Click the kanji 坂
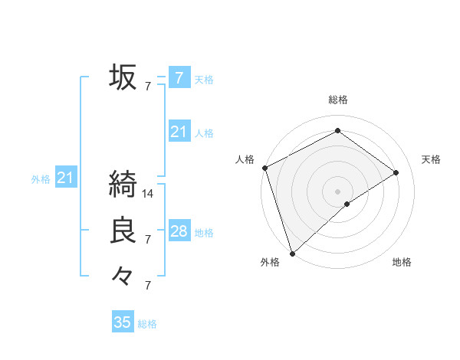[123, 77]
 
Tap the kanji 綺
[123, 185]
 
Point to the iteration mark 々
[122, 276]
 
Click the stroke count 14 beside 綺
[148, 194]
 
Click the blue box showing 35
[123, 322]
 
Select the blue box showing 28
[179, 231]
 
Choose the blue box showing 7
[179, 77]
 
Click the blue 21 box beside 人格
[179, 132]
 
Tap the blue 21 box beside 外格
[65, 178]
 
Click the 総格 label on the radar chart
[337, 100]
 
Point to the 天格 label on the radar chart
[431, 159]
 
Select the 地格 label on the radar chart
[402, 263]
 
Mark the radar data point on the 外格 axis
[292, 254]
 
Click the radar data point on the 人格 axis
[264, 168]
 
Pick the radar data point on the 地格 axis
[347, 204]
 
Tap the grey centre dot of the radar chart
[337, 191]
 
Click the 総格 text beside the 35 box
[147, 324]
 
